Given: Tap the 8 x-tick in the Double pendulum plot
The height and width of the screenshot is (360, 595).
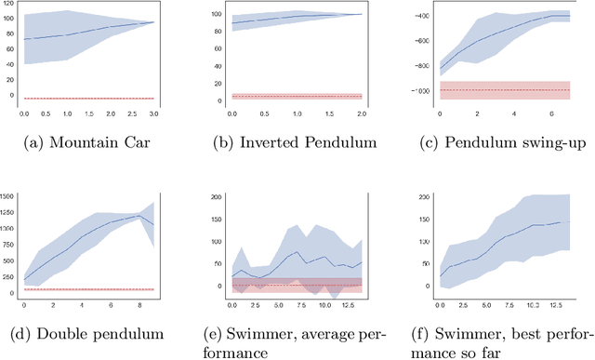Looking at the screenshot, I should pos(139,304).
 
